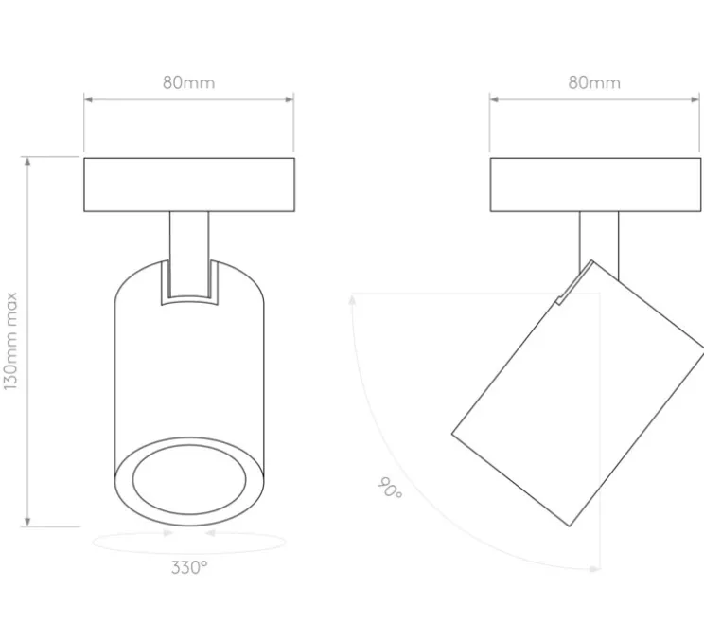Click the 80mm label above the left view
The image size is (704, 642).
point(188,82)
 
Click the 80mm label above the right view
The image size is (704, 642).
point(594,82)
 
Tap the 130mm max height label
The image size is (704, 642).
point(10,342)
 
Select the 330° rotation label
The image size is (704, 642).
point(189,568)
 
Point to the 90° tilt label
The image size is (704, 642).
point(390,488)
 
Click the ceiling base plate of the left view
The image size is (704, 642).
point(189,185)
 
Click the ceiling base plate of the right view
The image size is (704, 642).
point(595,185)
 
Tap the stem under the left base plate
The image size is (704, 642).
point(189,254)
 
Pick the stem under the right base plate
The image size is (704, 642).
point(599,242)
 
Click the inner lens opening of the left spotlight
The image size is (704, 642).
point(189,479)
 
